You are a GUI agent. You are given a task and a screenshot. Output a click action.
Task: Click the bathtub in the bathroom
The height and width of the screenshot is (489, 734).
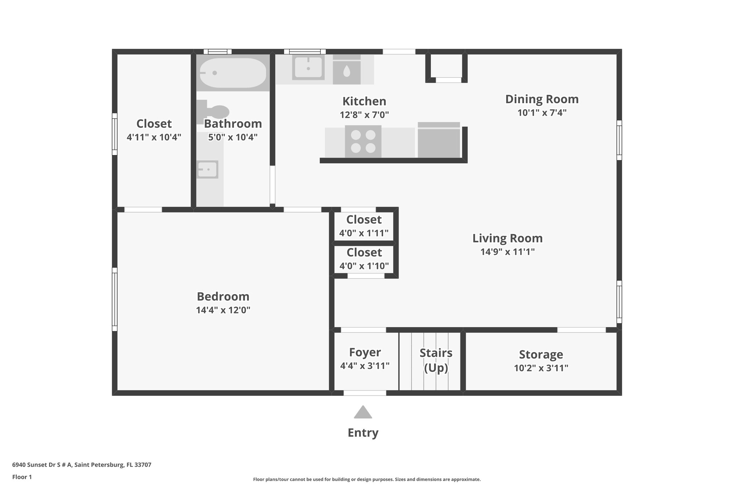click(x=233, y=73)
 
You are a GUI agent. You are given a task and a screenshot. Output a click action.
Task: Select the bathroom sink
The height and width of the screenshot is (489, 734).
click(x=208, y=169)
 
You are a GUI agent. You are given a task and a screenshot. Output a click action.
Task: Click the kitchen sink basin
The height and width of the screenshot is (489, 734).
click(x=308, y=67)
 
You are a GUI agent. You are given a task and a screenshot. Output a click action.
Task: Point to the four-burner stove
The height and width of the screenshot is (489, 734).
click(x=363, y=142)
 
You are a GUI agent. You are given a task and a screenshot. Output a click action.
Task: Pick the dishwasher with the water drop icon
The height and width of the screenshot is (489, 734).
click(x=347, y=71)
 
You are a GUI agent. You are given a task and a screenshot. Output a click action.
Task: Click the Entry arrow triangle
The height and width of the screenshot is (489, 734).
click(x=363, y=412)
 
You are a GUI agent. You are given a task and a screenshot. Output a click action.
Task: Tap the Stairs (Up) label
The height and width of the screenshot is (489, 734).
click(x=436, y=360)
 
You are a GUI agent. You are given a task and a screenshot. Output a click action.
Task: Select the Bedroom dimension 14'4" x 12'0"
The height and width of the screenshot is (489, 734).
click(x=223, y=310)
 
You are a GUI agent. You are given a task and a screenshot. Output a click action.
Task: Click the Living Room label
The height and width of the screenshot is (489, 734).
click(x=507, y=238)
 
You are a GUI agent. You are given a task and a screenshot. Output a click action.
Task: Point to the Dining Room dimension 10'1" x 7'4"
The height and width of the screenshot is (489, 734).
click(x=542, y=113)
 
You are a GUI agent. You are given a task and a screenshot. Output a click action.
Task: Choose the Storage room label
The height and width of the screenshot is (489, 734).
click(x=541, y=355)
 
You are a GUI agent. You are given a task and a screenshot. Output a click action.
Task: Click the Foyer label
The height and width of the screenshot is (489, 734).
click(x=365, y=352)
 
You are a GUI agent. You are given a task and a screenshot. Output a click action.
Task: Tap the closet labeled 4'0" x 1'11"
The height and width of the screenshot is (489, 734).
click(x=364, y=226)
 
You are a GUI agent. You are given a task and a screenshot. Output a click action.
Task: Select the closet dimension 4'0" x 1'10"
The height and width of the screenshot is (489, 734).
click(x=364, y=266)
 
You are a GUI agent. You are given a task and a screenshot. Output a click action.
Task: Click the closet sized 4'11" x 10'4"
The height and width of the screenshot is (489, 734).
click(x=154, y=130)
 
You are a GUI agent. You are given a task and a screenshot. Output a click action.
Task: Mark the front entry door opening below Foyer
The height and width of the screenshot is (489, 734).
click(x=365, y=393)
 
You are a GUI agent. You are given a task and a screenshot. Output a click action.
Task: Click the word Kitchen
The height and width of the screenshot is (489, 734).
click(x=364, y=101)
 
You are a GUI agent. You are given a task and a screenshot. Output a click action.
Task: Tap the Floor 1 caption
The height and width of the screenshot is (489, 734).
click(x=22, y=477)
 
